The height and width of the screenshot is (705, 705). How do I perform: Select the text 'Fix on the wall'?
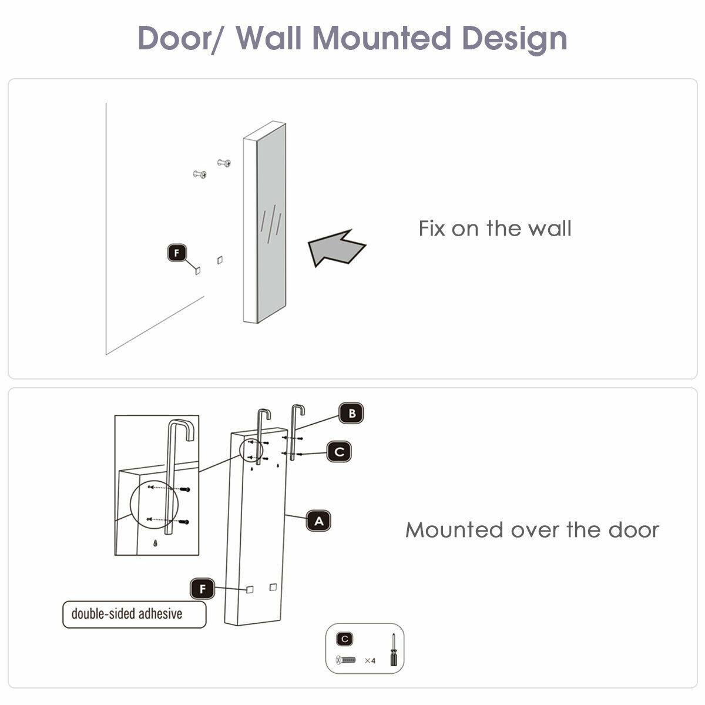click(495, 228)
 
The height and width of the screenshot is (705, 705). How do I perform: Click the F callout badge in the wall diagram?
click(176, 253)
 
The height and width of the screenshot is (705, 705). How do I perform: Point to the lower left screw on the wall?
click(200, 174)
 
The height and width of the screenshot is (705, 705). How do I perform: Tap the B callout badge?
click(352, 413)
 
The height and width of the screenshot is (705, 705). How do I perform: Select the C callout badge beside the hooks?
click(339, 452)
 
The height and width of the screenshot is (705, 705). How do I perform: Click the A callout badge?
click(318, 521)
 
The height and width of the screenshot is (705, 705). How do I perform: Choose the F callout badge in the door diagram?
click(203, 588)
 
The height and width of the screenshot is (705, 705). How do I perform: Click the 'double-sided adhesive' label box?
click(135, 614)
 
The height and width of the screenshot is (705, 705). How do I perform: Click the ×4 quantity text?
click(370, 660)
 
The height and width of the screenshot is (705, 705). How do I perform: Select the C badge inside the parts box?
click(345, 639)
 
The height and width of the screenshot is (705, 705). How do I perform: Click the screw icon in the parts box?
click(345, 660)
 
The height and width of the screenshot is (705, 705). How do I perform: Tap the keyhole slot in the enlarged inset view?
click(155, 543)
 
